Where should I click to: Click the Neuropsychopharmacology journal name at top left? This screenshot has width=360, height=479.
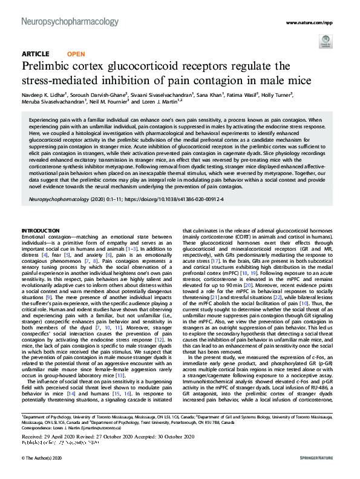coord(70,22)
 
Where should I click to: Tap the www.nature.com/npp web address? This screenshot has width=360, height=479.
coord(309,22)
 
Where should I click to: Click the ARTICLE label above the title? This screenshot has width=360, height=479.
coord(35,54)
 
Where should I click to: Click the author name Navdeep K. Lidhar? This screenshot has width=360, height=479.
coord(46,94)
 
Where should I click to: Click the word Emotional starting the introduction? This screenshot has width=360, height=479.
coord(36,237)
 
